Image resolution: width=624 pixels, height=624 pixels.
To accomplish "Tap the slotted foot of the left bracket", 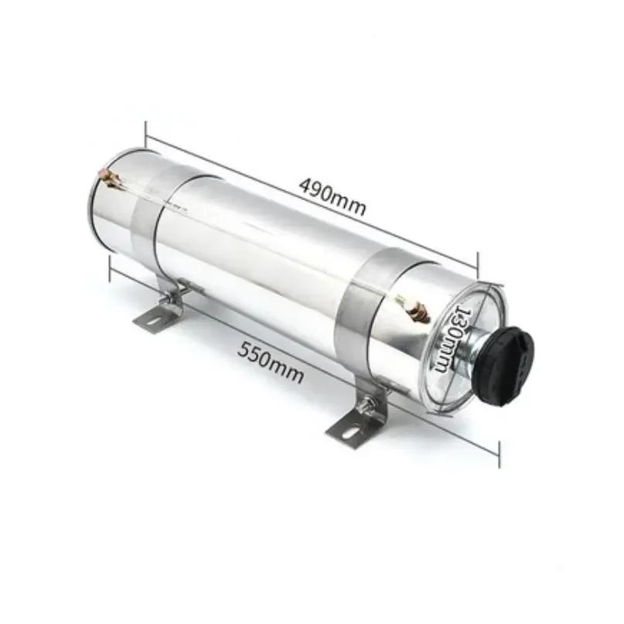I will (x=155, y=317).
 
